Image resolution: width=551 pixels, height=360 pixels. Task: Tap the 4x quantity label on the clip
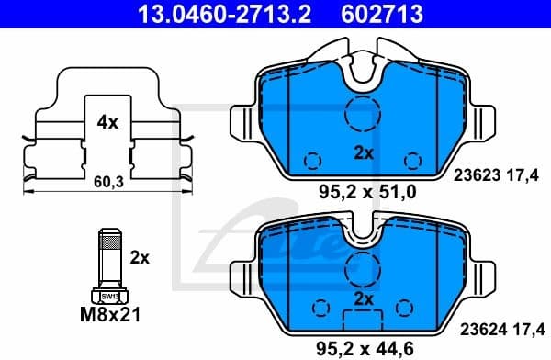click(107, 120)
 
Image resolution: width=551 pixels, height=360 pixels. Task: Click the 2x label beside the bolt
click(140, 258)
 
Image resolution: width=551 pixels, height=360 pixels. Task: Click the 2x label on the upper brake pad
click(363, 153)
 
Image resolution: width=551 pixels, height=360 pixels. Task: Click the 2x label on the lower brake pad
click(363, 298)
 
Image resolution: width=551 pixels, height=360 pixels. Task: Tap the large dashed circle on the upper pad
click(362, 114)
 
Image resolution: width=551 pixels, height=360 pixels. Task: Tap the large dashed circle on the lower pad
click(362, 269)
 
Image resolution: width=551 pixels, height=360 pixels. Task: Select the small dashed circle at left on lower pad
click(320, 306)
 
